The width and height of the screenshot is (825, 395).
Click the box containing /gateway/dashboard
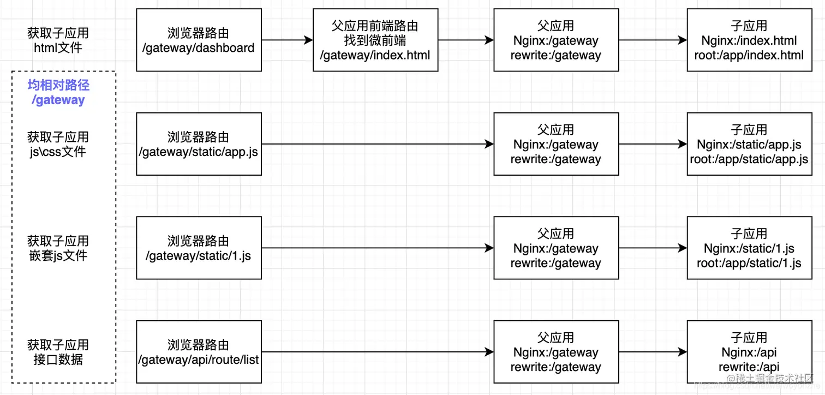pyautogui.click(x=199, y=40)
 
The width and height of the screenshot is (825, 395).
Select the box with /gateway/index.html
pyautogui.click(x=375, y=40)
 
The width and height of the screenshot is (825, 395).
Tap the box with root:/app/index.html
pyautogui.click(x=749, y=40)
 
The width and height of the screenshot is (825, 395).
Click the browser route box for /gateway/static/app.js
pyautogui.click(x=199, y=144)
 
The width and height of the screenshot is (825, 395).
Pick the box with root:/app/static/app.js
pyautogui.click(x=749, y=144)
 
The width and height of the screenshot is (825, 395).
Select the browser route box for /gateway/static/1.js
pyautogui.click(x=199, y=248)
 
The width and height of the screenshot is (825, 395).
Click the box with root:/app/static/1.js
pyautogui.click(x=749, y=248)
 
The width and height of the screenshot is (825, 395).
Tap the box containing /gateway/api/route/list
pyautogui.click(x=199, y=352)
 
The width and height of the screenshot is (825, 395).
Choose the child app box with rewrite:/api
pyautogui.click(x=749, y=352)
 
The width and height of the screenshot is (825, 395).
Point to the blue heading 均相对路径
pyautogui.click(x=58, y=86)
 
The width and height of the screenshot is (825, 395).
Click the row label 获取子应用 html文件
pyautogui.click(x=58, y=40)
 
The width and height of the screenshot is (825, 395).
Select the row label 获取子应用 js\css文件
pyautogui.click(x=58, y=145)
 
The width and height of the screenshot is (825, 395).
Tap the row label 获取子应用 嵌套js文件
pyautogui.click(x=58, y=248)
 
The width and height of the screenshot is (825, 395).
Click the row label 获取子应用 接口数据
pyautogui.click(x=58, y=352)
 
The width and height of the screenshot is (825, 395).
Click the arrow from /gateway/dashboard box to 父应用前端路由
pyautogui.click(x=287, y=40)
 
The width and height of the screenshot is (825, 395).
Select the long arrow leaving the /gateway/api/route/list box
pyautogui.click(x=376, y=352)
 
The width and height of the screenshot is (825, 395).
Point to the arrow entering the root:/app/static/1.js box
pyautogui.click(x=653, y=248)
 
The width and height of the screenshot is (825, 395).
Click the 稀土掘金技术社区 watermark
pyautogui.click(x=769, y=379)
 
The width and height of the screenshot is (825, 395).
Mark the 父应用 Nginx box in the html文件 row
pyautogui.click(x=556, y=40)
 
